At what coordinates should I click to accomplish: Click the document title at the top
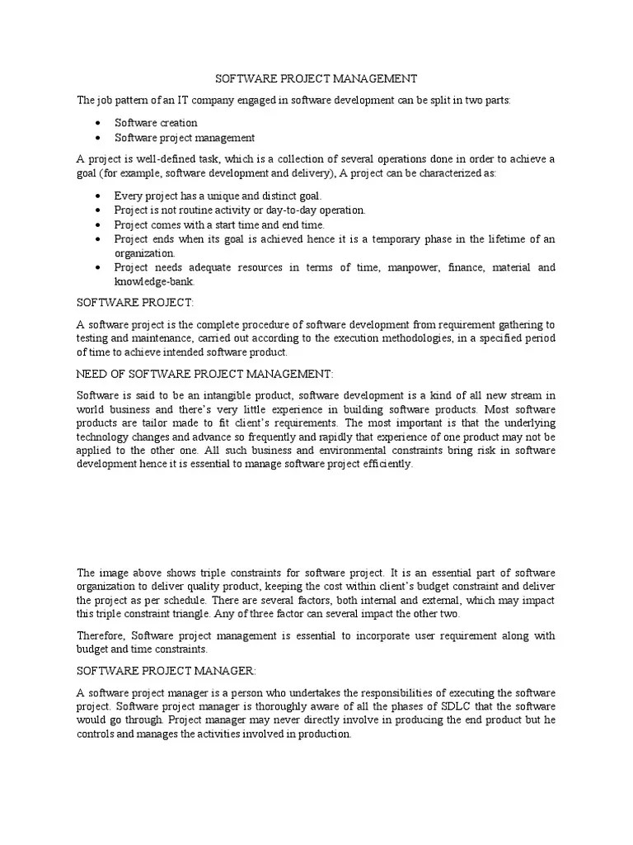coord(316,78)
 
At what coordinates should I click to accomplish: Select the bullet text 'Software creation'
coord(156,123)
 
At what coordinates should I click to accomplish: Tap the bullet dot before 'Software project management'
coord(98,139)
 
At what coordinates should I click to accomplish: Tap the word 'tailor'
coord(150,423)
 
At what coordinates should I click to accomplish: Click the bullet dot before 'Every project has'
coord(98,196)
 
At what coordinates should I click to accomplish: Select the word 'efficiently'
coord(383,465)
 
